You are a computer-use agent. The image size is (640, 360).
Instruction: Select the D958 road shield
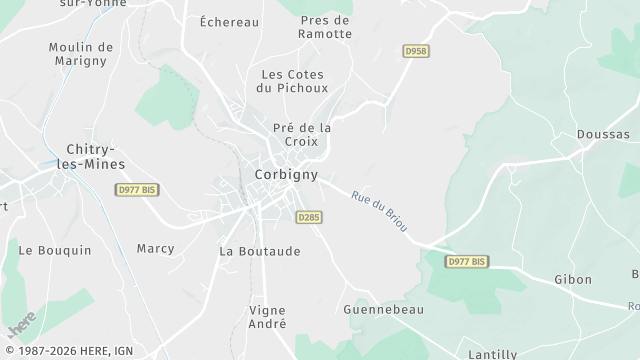[415, 50]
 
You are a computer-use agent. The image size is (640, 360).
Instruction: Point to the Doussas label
[603, 134]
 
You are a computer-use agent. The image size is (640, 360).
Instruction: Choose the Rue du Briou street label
[379, 211]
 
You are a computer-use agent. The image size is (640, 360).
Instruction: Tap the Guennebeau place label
[383, 310]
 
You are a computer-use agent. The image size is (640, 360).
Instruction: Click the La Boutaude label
[260, 251]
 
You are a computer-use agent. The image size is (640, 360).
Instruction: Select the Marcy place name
[155, 248]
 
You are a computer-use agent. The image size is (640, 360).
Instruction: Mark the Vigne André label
[267, 317]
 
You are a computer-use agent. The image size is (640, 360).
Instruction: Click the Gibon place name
[573, 280]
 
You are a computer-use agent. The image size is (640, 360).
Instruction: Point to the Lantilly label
[493, 354]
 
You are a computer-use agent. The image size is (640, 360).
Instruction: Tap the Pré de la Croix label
[302, 135]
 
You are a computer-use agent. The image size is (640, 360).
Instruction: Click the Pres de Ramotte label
[325, 27]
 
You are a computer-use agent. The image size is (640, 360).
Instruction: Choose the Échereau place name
[229, 21]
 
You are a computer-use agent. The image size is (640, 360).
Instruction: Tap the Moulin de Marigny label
[81, 54]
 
